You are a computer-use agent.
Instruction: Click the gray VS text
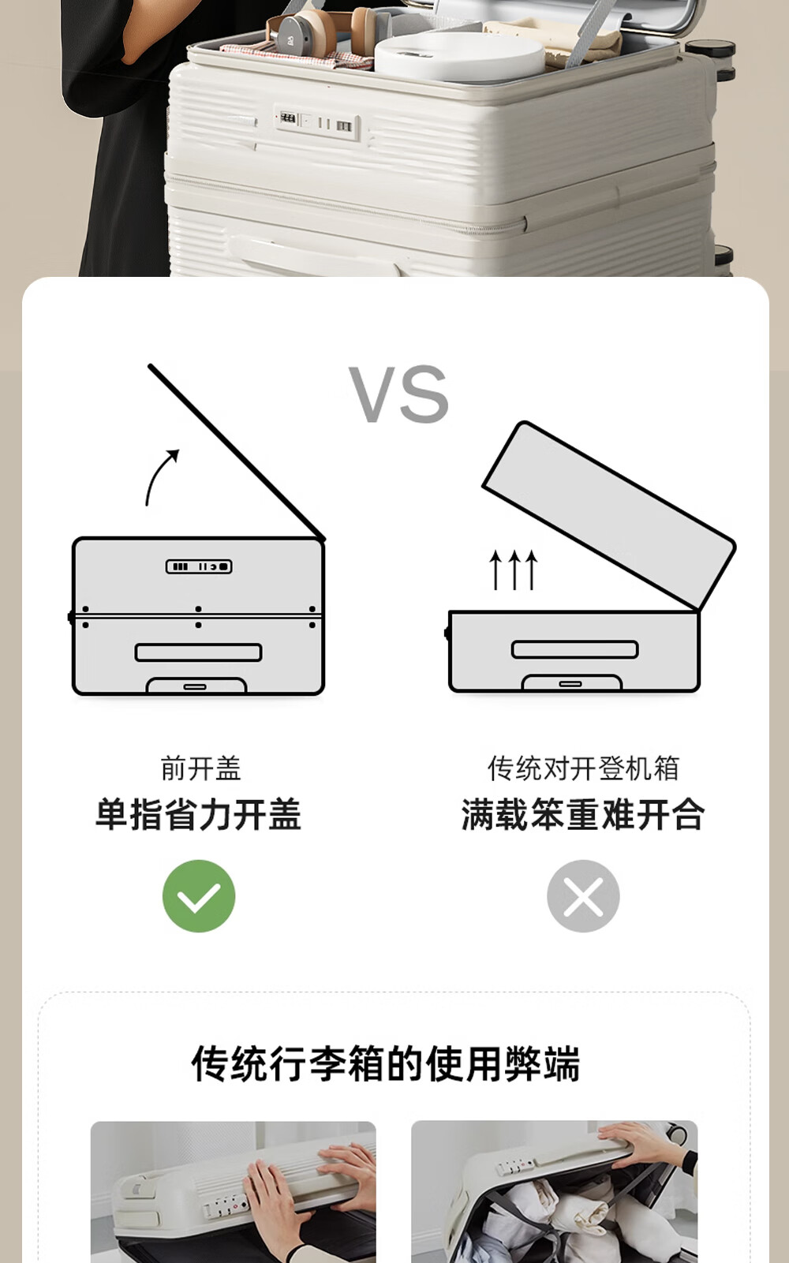(398, 394)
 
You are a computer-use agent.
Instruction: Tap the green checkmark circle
(199, 896)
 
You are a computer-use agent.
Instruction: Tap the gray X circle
(583, 896)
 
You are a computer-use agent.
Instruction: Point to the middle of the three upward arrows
(514, 570)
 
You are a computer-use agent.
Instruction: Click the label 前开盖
(200, 768)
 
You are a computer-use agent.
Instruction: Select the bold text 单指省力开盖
(199, 814)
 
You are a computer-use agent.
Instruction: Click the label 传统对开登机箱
(583, 768)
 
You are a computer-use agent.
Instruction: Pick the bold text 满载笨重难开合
(583, 814)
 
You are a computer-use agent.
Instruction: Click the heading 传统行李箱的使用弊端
(386, 1063)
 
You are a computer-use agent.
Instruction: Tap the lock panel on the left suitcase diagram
(199, 566)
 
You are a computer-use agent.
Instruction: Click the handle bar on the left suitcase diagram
(199, 652)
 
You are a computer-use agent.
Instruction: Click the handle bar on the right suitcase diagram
(574, 649)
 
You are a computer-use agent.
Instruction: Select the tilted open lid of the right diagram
(609, 516)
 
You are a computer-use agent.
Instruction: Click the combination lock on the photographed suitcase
(317, 121)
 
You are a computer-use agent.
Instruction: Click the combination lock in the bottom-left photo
(226, 1205)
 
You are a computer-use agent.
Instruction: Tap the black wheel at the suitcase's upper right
(712, 49)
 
